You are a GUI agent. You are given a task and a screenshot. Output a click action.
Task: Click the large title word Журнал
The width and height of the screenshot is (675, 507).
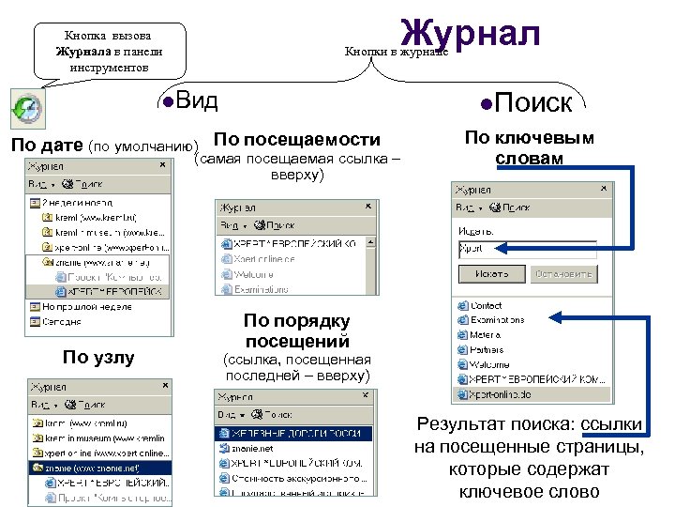(470, 36)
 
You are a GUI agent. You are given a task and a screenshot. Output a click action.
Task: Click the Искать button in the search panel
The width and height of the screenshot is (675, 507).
(490, 274)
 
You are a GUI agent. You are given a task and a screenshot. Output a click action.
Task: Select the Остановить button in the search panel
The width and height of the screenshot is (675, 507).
(563, 274)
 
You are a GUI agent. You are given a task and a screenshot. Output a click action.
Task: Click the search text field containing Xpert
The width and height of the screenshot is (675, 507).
(525, 250)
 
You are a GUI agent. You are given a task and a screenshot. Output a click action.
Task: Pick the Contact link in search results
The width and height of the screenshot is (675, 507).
(486, 306)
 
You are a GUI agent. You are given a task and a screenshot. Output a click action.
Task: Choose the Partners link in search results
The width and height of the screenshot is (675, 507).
(487, 349)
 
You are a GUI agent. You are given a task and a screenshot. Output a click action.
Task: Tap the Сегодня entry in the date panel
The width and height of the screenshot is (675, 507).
(61, 322)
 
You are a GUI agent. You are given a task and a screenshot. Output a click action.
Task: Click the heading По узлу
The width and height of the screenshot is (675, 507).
(97, 357)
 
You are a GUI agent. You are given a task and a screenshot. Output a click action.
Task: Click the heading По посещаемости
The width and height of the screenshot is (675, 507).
(298, 139)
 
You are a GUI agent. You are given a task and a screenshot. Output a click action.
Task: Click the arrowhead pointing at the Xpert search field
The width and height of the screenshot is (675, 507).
(501, 250)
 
